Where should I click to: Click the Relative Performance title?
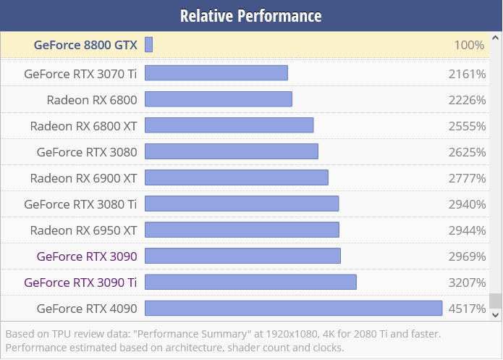pyautogui.click(x=251, y=15)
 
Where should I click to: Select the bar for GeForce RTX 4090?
pyautogui.click(x=293, y=309)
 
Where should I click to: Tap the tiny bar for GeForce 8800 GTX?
pyautogui.click(x=148, y=45)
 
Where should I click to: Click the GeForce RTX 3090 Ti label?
pyautogui.click(x=80, y=282)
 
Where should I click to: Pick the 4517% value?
pyautogui.click(x=467, y=309)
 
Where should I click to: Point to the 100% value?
pyautogui.click(x=469, y=45)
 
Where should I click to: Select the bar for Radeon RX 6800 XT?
pyautogui.click(x=229, y=125)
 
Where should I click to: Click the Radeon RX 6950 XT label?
pyautogui.click(x=83, y=230)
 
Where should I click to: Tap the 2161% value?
pyautogui.click(x=467, y=73)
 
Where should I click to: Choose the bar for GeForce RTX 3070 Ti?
pyautogui.click(x=216, y=73)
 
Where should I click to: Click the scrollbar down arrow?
pyautogui.click(x=496, y=315)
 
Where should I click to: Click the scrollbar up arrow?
pyautogui.click(x=496, y=37)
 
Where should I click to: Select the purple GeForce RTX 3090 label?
pyautogui.click(x=86, y=256)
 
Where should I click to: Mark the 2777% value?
pyautogui.click(x=467, y=177)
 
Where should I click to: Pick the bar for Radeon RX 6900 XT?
pyautogui.click(x=237, y=177)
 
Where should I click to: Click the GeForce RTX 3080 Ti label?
pyautogui.click(x=80, y=204)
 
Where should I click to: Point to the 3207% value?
pyautogui.click(x=467, y=282)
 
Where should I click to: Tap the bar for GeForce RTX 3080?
pyautogui.click(x=232, y=151)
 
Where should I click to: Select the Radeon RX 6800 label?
pyautogui.click(x=92, y=99)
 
